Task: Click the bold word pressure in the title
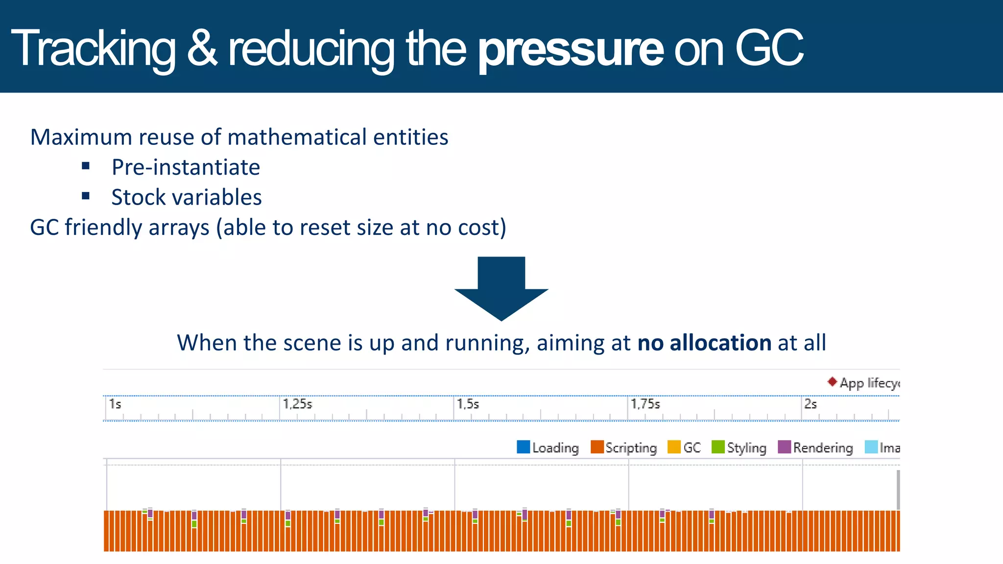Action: click(x=571, y=49)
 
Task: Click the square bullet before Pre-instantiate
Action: click(x=86, y=166)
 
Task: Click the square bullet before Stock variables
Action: click(x=86, y=196)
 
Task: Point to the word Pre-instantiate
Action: click(x=186, y=167)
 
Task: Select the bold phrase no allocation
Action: click(x=704, y=343)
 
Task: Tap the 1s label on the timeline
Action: click(x=115, y=404)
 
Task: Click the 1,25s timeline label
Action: click(x=297, y=404)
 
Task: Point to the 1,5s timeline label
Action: click(x=468, y=404)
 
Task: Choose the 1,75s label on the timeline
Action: click(x=645, y=404)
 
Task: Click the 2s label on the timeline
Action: click(x=811, y=404)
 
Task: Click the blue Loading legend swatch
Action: click(x=523, y=447)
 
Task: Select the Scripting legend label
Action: click(x=631, y=448)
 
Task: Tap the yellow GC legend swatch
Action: click(x=674, y=447)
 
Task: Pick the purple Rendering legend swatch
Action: click(x=784, y=447)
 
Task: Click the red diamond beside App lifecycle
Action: click(x=832, y=381)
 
